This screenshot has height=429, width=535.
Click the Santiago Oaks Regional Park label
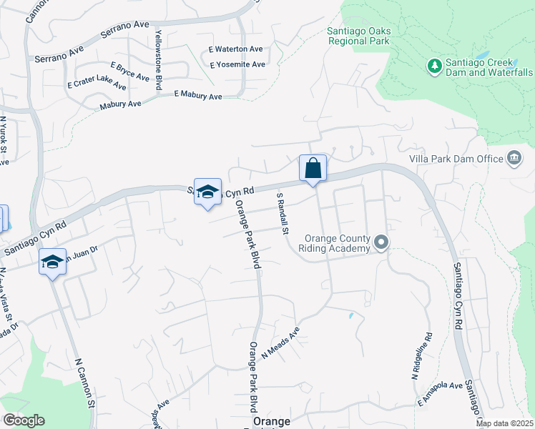point(358,36)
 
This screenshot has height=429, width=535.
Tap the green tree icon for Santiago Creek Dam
point(434,66)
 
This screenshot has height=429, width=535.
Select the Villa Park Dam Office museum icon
point(514,158)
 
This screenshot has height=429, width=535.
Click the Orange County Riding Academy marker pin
point(381,243)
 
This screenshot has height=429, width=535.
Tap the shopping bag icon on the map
point(313,169)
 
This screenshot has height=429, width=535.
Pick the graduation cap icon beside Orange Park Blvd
point(207,192)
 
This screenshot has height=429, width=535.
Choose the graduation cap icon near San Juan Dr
point(52,262)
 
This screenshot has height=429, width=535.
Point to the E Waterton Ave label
point(236,49)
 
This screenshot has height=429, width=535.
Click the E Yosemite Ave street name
point(237,64)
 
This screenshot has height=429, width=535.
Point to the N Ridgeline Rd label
point(421,355)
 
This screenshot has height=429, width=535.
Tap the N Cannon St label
point(85,383)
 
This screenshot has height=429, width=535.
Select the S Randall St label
point(282,214)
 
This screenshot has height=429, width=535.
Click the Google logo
point(24,420)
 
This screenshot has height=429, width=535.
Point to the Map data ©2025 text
point(504,424)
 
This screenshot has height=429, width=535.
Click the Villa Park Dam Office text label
point(456,158)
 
